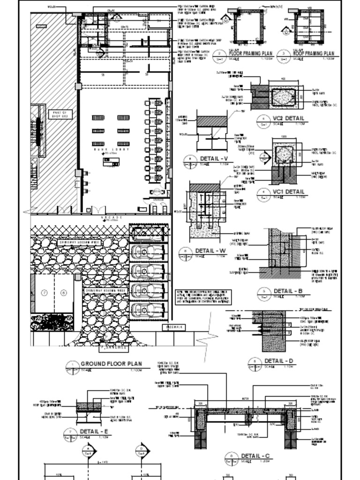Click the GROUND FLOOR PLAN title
[111, 364]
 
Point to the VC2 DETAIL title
[288, 119]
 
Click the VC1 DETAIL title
[288, 192]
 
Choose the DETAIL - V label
[213, 158]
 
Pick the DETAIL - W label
[210, 251]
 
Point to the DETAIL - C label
[255, 456]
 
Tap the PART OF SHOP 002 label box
[60, 114]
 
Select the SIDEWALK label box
[173, 327]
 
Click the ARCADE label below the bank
[111, 218]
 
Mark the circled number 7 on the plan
[45, 293]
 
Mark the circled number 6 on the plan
[63, 293]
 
